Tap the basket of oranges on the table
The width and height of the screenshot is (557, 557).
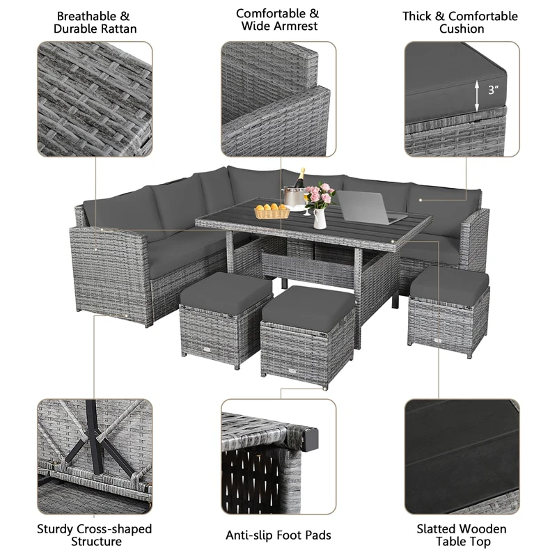(272, 211)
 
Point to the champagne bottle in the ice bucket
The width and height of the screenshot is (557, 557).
(299, 180)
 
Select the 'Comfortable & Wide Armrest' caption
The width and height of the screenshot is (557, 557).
(277, 19)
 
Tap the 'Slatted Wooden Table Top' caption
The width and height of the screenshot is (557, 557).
(462, 535)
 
